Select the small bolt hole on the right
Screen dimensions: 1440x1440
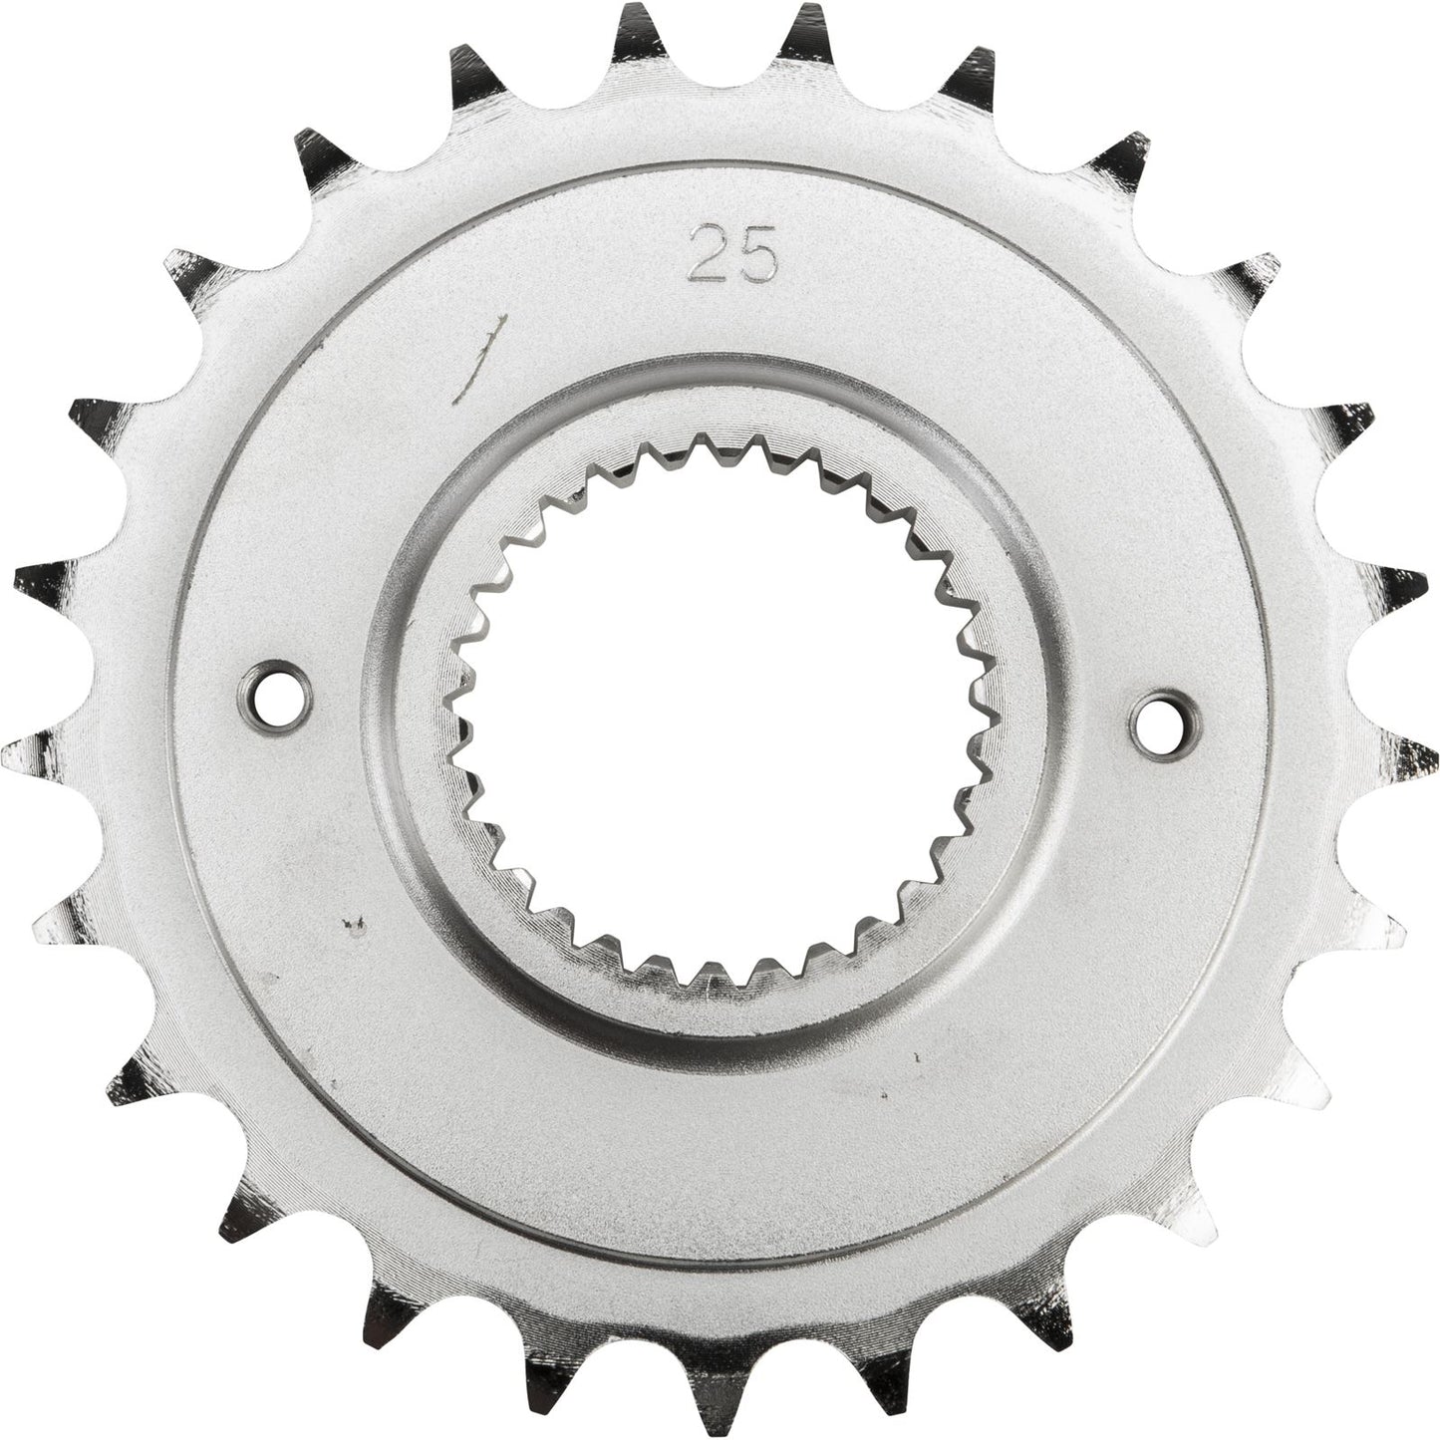coord(1165,716)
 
